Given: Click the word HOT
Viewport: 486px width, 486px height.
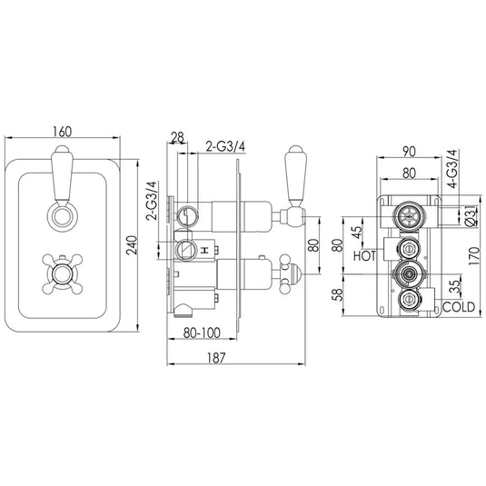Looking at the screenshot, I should tap(365, 257).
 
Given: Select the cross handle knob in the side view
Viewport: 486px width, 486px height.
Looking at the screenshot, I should tap(294, 268).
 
